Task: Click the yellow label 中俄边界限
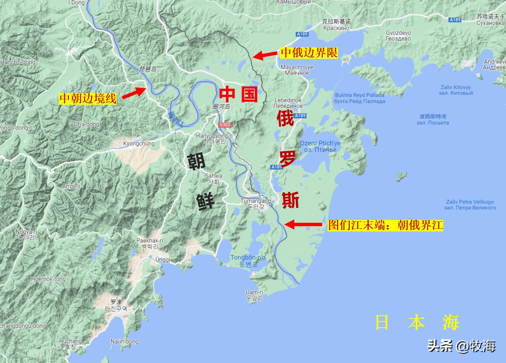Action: pos(309,53)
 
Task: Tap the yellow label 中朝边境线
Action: pos(88,98)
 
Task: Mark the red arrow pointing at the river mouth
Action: pos(303,224)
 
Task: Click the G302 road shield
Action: pos(225,125)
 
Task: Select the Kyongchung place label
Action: pos(139,144)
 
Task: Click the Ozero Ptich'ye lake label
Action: pos(320,146)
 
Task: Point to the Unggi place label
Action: pos(162,260)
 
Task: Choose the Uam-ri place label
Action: pos(254,295)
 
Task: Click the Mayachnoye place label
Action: pos(297,70)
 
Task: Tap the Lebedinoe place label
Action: pos(288,103)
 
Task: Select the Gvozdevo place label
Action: pos(398,36)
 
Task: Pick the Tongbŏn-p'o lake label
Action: pos(248,260)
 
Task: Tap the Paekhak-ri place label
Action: pos(150,243)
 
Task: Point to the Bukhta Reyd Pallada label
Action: pos(360,98)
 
